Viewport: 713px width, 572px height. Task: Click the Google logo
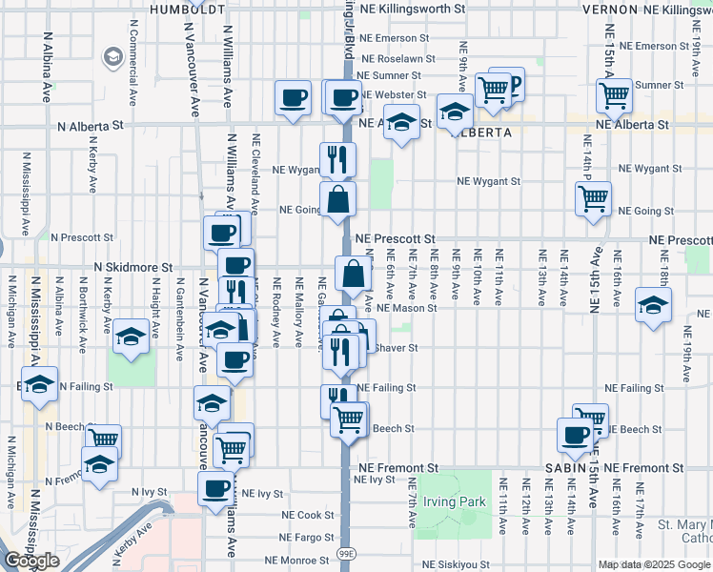31,561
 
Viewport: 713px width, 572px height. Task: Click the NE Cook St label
308,515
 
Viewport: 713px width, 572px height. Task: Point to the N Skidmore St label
132,269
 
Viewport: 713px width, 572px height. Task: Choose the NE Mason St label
407,308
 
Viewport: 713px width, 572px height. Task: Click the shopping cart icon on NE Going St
593,199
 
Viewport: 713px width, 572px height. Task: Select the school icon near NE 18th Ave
654,305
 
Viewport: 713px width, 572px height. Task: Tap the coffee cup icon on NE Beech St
575,434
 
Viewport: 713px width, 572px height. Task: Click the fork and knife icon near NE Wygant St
336,159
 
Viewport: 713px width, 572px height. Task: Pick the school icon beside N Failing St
39,385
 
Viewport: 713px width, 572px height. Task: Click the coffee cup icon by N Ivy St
214,489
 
